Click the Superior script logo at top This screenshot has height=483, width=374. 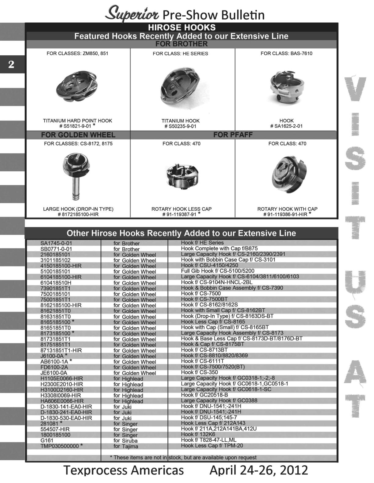coord(132,14)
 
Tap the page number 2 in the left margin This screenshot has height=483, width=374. coord(11,64)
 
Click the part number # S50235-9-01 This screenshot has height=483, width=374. coord(180,126)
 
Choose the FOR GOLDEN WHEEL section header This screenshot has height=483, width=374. coord(78,135)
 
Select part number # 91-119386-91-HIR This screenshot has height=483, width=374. coord(285,214)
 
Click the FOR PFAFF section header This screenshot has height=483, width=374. coord(233,135)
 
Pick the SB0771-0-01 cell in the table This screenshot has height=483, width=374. coord(56,249)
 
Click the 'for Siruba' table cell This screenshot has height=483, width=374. coord(126,440)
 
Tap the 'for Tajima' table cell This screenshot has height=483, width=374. coord(126,446)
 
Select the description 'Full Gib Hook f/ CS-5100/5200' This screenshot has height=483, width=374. coord(218,271)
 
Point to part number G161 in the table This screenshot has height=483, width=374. coord(47,440)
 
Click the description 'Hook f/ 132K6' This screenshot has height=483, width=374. coord(198,434)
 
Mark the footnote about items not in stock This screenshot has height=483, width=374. coord(183,458)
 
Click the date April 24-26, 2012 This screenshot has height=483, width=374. coord(258,470)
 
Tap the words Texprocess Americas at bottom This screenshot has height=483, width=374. coord(124,470)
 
